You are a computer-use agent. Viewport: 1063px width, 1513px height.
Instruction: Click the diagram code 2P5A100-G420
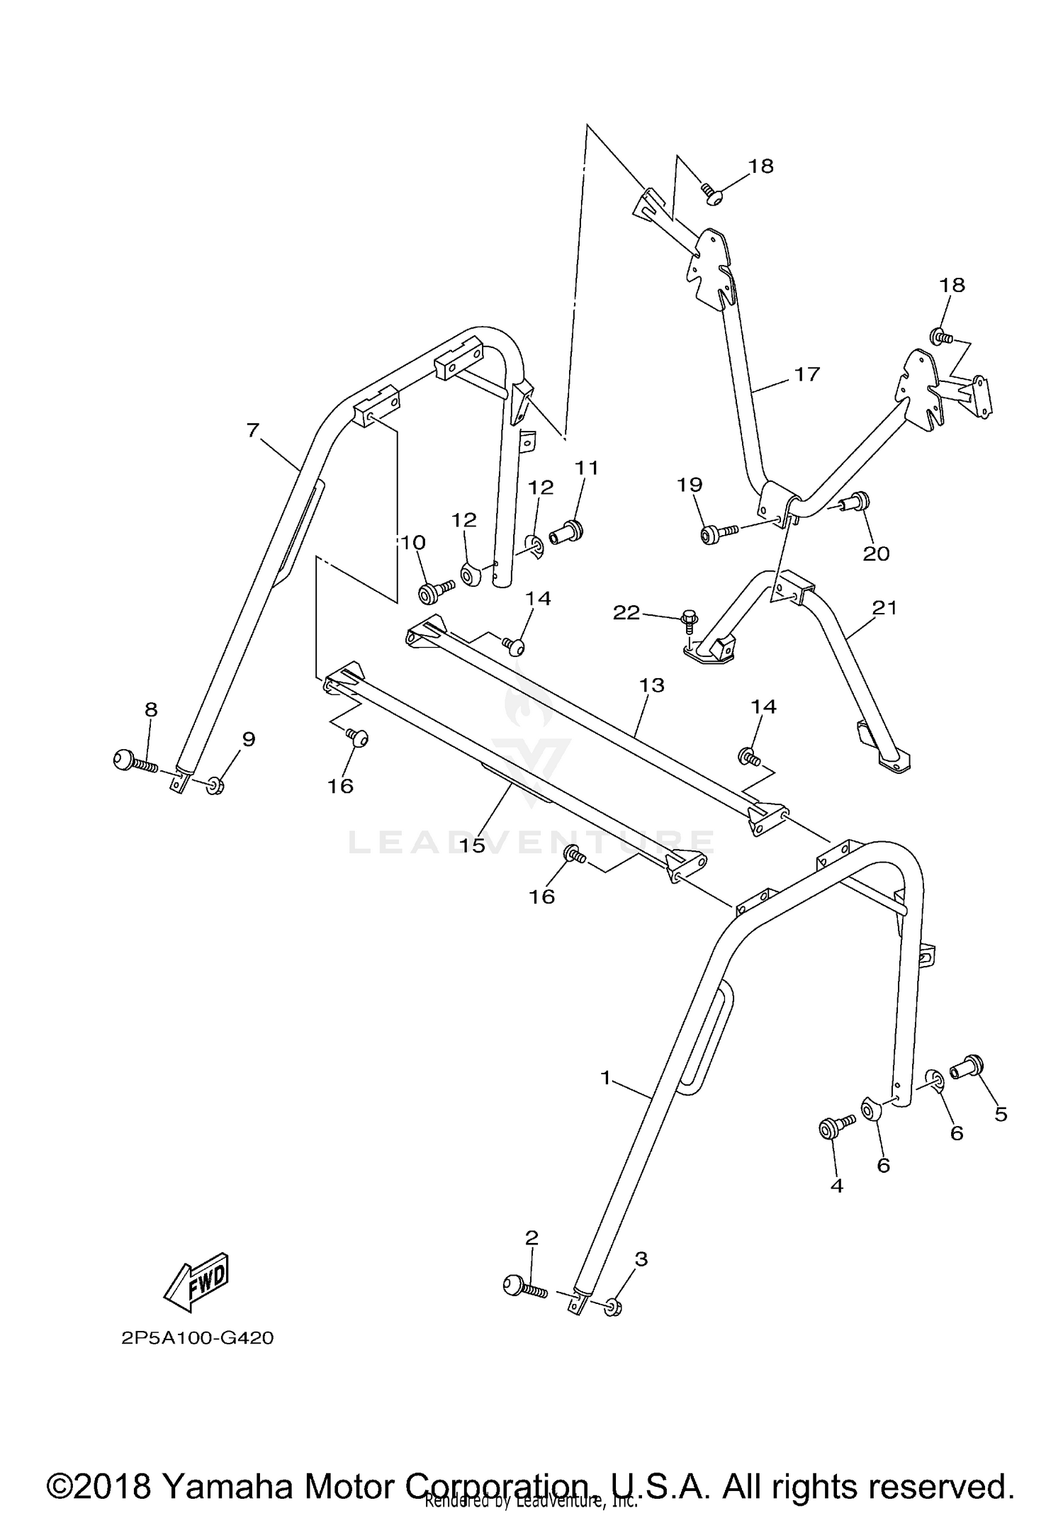tap(197, 1339)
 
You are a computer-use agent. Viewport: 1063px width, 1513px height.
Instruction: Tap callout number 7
tap(253, 430)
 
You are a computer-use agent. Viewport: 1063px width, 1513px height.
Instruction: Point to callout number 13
tap(651, 685)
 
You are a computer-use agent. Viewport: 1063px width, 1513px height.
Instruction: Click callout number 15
tap(473, 845)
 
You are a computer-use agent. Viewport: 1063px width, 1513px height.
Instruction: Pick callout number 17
tap(806, 373)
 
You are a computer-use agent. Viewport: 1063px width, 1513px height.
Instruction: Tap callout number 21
tap(885, 607)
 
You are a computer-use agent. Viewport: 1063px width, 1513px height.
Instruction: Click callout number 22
tap(626, 612)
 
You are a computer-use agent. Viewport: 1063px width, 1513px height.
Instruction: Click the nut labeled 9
tap(215, 785)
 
